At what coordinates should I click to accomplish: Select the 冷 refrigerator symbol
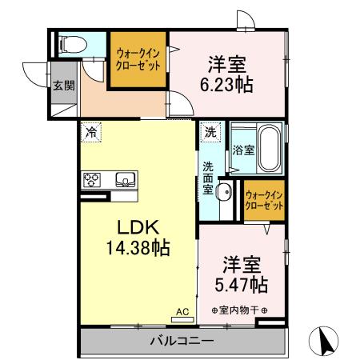(93, 133)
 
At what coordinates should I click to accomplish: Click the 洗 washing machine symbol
(210, 131)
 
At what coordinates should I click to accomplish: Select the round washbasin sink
(224, 191)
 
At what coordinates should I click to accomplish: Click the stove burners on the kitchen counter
(91, 179)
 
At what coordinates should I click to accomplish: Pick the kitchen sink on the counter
(124, 178)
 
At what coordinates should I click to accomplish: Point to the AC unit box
(181, 311)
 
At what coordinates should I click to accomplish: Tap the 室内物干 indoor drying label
(239, 310)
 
